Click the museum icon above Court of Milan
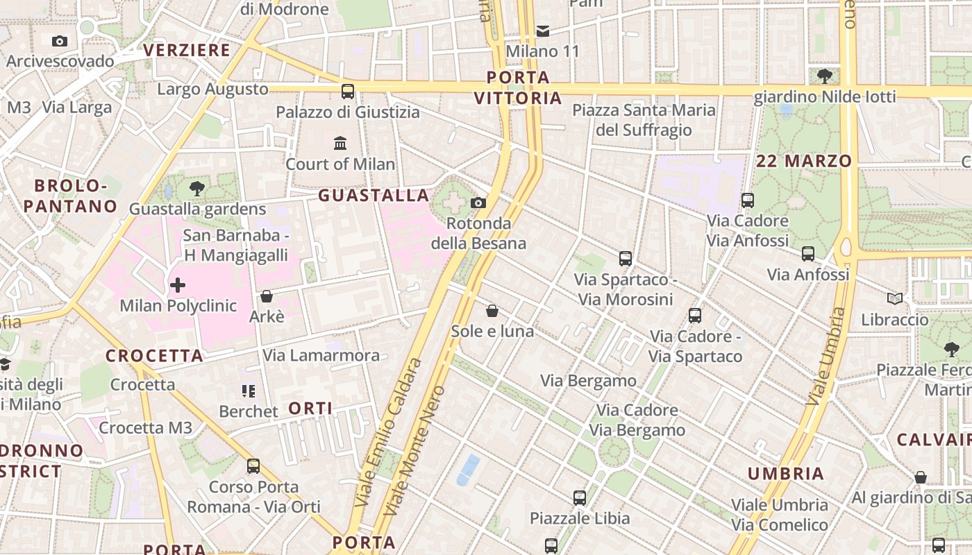340,144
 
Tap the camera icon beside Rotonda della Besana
478,203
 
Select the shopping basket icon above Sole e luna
492,310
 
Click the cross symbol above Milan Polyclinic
178,284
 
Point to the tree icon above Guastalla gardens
197,187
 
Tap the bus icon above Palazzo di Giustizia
348,91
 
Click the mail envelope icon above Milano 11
543,31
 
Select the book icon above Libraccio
895,299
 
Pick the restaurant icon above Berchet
248,391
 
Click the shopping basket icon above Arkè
266,296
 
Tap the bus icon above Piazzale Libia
580,497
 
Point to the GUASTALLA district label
374,196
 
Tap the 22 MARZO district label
804,161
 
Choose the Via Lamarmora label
321,356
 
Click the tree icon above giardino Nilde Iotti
825,76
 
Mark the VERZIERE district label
187,50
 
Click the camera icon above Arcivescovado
60,41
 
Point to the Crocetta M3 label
145,427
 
